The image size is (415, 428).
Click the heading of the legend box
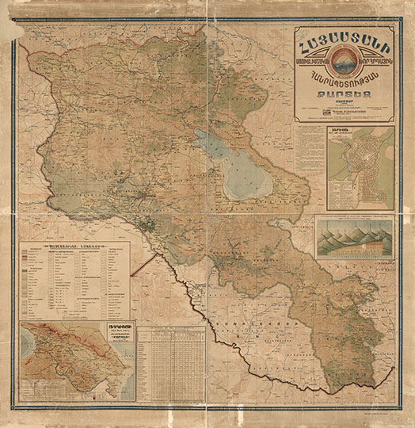(x=74, y=248)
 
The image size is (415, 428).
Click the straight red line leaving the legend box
(x=142, y=265)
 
